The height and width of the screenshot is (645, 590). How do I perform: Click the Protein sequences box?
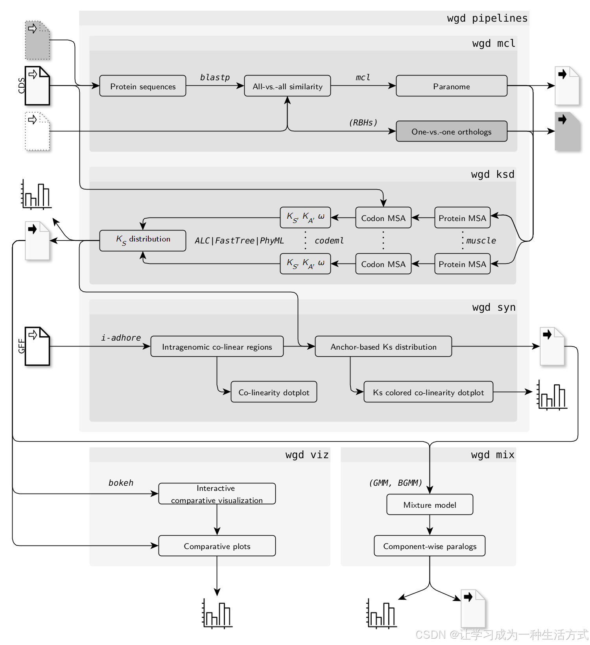coord(143,86)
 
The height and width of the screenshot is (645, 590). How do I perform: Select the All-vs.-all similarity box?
coord(288,86)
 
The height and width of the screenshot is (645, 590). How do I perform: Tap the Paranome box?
coord(452,86)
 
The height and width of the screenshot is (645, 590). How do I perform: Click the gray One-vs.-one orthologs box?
coord(452,131)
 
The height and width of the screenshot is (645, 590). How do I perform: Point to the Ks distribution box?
coord(143,240)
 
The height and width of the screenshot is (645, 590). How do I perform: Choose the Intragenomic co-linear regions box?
coord(217,346)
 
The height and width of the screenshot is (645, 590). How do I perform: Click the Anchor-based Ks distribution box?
coord(383,346)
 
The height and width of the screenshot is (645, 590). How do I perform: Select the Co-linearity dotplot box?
coord(274,392)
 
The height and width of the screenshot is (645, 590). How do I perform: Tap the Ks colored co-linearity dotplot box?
coord(428,392)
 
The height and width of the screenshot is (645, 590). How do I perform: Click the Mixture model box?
coord(430,504)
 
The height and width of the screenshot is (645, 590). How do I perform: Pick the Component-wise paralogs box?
coord(430,545)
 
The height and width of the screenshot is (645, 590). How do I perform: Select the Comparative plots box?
coord(217,545)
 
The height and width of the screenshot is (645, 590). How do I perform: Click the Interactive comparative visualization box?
coord(217,494)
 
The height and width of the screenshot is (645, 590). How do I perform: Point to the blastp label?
coord(215,77)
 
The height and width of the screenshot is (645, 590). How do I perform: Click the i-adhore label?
coord(121,337)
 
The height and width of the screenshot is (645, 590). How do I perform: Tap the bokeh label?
coord(121,483)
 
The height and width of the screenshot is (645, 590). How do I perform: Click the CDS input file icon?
coord(37,86)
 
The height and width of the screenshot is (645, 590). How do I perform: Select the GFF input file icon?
coord(37,346)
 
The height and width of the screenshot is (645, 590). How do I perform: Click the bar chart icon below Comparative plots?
coord(217,613)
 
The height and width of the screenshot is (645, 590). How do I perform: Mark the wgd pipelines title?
coord(487,18)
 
